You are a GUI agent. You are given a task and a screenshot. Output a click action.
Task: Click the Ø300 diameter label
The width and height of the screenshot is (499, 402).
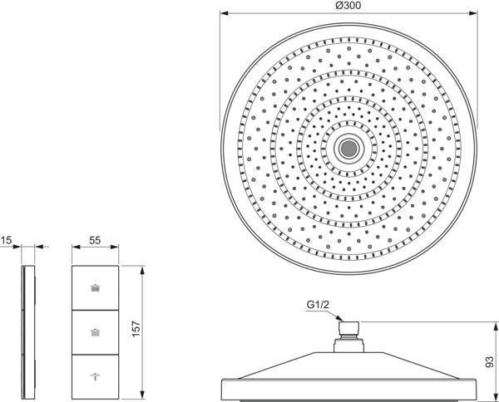click(x=348, y=6)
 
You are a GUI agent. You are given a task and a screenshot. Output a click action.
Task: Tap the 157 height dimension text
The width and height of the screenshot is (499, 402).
click(x=136, y=329)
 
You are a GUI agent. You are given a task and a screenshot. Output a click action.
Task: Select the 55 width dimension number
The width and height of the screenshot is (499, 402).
click(x=95, y=240)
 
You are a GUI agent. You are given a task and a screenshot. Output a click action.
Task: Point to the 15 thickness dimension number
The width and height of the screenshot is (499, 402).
click(x=6, y=240)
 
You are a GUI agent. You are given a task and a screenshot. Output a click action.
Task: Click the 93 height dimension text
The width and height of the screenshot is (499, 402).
click(x=490, y=362)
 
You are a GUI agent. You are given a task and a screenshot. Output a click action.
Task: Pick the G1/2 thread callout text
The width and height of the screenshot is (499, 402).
click(x=318, y=305)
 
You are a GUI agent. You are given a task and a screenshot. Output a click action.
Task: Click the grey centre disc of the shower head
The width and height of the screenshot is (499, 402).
click(x=348, y=149)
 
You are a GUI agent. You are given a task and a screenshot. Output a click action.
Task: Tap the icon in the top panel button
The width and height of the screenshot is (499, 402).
click(x=95, y=288)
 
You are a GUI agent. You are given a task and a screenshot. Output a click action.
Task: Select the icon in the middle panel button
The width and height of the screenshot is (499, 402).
click(x=95, y=332)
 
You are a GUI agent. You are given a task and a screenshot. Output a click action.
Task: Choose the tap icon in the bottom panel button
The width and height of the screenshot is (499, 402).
click(x=95, y=376)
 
